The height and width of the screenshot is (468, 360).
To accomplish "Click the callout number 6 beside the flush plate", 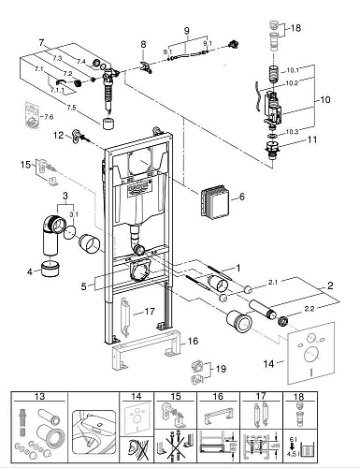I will (241, 197).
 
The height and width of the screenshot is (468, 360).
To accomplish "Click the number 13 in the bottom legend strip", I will (39, 396).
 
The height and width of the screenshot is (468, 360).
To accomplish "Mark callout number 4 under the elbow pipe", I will (31, 272).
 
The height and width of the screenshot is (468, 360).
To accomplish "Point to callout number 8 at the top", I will (143, 45).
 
